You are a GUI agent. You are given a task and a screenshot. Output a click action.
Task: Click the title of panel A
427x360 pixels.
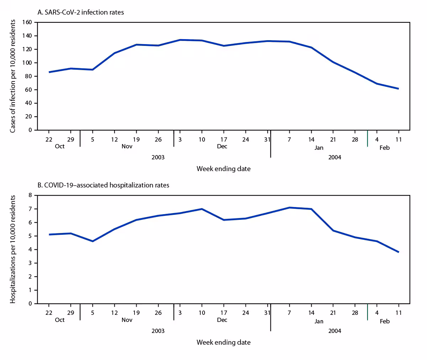pos(81,12)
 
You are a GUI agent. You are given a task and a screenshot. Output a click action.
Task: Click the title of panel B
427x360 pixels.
pos(103,185)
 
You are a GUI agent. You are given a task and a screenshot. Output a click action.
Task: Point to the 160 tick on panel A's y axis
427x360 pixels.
pos(27,22)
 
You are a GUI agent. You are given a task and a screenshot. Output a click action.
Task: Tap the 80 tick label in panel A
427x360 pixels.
pos(29,76)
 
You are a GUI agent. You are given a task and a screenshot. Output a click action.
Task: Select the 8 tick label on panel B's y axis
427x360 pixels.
pos(30,195)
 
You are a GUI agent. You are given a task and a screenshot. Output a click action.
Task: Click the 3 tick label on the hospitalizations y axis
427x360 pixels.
pos(30,263)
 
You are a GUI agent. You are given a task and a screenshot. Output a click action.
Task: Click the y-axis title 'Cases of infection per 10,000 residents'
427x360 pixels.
pos(13,76)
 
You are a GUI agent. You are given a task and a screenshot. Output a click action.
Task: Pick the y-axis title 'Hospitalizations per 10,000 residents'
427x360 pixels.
pos(13,249)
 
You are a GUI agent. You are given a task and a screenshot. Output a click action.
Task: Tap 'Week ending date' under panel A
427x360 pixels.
pos(223,169)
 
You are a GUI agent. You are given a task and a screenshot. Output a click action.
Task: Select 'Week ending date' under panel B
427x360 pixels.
pos(223,342)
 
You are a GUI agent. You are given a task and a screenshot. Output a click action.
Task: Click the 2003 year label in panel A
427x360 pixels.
pos(158,157)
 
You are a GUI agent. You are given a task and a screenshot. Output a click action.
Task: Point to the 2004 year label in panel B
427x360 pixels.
pos(334,330)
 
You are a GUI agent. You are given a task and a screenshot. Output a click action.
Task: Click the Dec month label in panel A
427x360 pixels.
pos(222,146)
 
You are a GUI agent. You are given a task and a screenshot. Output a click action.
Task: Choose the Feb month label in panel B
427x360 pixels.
pos(385,321)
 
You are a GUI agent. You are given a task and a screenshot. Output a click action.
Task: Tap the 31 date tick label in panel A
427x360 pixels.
pos(267,139)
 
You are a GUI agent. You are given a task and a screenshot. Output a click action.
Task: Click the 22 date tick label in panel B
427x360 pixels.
pos(49,313)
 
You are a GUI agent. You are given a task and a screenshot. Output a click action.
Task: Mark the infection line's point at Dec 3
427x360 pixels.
pos(180,40)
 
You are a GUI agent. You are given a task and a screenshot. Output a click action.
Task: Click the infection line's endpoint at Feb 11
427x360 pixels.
pos(398,89)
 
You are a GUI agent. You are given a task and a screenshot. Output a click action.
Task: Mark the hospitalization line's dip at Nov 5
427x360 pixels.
pos(93,241)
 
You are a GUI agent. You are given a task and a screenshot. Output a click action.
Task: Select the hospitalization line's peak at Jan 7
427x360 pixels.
pos(289,207)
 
